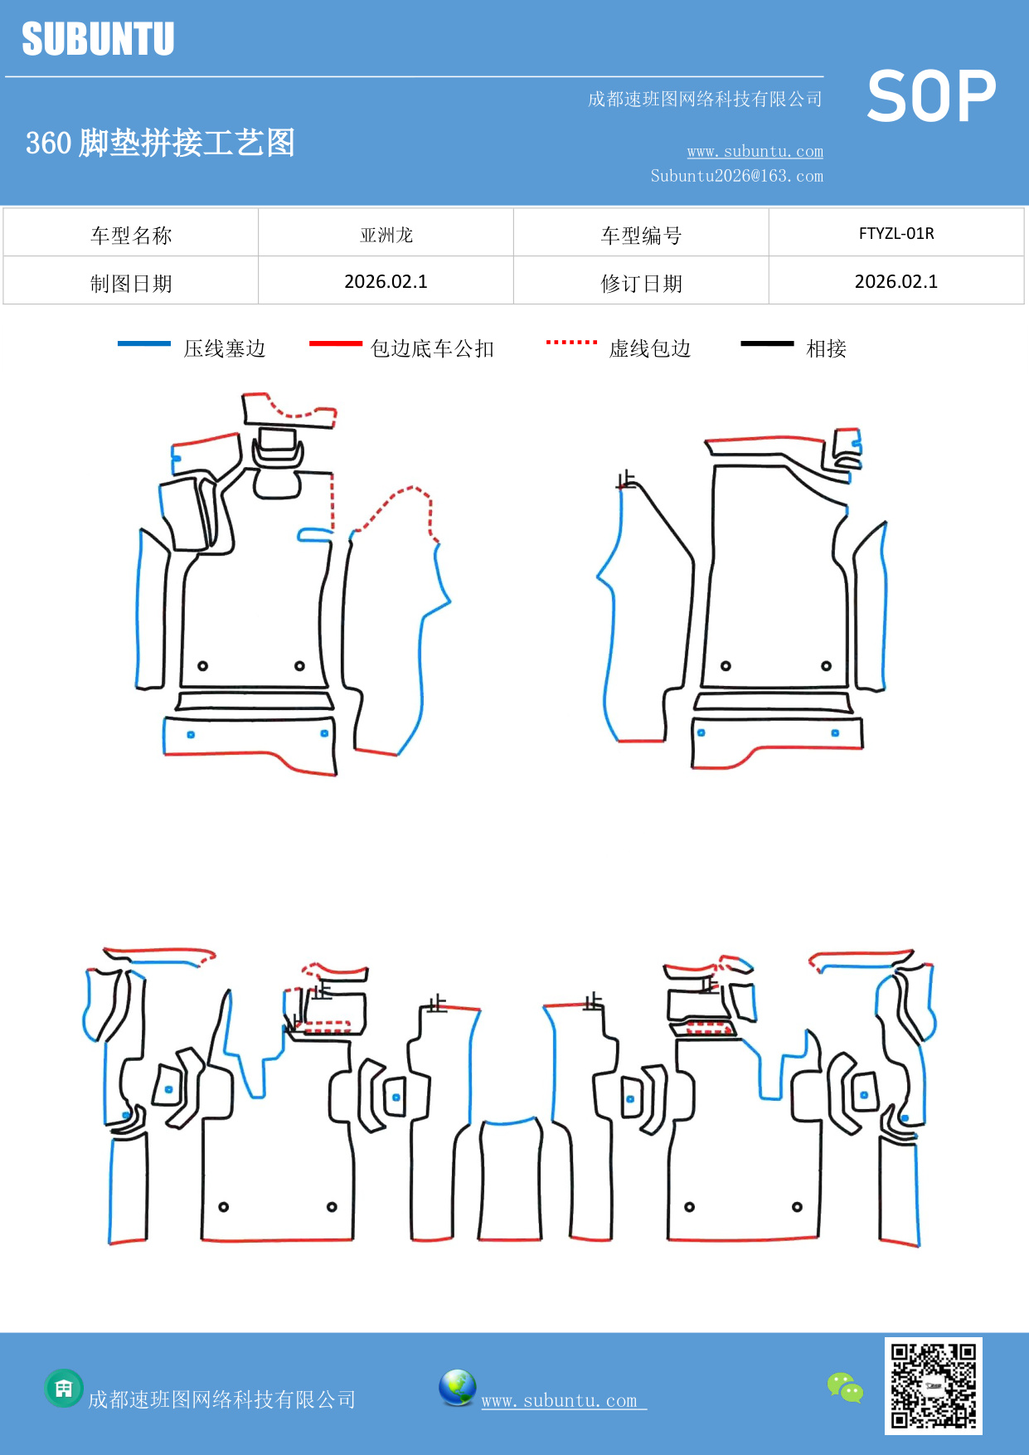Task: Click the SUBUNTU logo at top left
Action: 98,39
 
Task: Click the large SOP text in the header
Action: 930,97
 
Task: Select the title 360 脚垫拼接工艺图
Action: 160,143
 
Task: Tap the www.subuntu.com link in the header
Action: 755,151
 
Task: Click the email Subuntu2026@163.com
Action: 736,176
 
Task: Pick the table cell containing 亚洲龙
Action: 386,235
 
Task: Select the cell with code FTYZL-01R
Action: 896,233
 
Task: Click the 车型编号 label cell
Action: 641,236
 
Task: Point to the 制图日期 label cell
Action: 131,284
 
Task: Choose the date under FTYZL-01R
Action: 896,282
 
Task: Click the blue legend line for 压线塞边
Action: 143,343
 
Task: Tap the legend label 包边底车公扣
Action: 432,348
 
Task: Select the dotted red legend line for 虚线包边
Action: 571,342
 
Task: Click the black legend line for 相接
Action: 767,343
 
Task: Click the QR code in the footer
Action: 933,1385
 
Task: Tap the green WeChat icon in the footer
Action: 845,1387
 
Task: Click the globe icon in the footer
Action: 457,1388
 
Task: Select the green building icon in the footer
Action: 64,1388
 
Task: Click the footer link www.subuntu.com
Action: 560,1400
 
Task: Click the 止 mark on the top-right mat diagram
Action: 626,479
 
